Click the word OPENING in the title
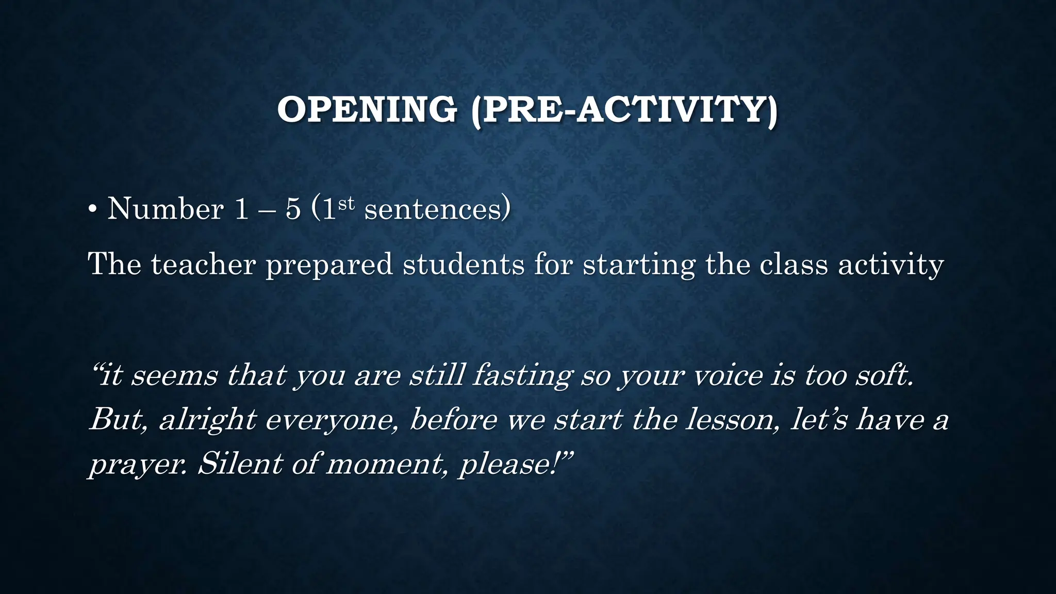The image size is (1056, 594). pyautogui.click(x=367, y=109)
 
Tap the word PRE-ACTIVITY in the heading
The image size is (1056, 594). pyautogui.click(x=624, y=109)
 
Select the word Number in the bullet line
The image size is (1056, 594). pyautogui.click(x=165, y=209)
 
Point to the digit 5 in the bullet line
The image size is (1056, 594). pyautogui.click(x=293, y=209)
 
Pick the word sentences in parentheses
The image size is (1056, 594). pyautogui.click(x=433, y=209)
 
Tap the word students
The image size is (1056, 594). pyautogui.click(x=464, y=264)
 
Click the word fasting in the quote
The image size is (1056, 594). pyautogui.click(x=522, y=375)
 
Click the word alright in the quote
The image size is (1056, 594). pyautogui.click(x=208, y=420)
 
